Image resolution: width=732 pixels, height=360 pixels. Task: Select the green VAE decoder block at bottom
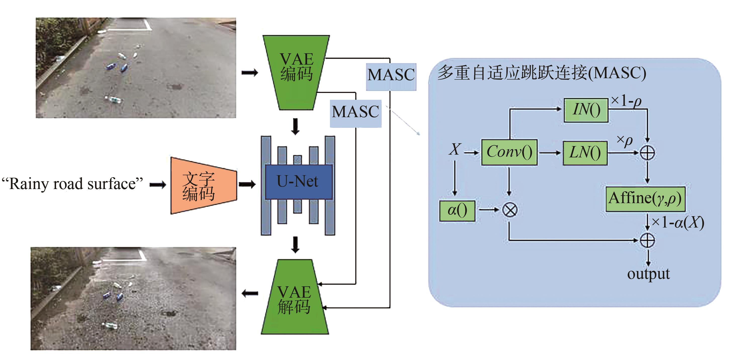(295, 298)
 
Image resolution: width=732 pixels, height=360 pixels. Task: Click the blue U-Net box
(298, 182)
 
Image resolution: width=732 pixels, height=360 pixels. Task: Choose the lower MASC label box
(355, 113)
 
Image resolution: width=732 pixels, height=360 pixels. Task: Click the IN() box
(586, 110)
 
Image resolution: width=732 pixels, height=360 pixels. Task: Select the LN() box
(585, 153)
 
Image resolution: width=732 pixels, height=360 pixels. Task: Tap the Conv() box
(509, 152)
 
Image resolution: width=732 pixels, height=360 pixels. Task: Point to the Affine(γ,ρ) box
(645, 199)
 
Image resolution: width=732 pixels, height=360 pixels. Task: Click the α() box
(457, 210)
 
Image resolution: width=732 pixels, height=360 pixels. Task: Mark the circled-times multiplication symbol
(509, 210)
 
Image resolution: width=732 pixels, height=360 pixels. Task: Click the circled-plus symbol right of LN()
(647, 153)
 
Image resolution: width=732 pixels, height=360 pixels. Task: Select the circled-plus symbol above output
(647, 240)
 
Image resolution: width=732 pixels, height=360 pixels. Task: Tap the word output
(648, 274)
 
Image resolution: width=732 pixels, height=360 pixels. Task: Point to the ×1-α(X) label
(678, 222)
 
